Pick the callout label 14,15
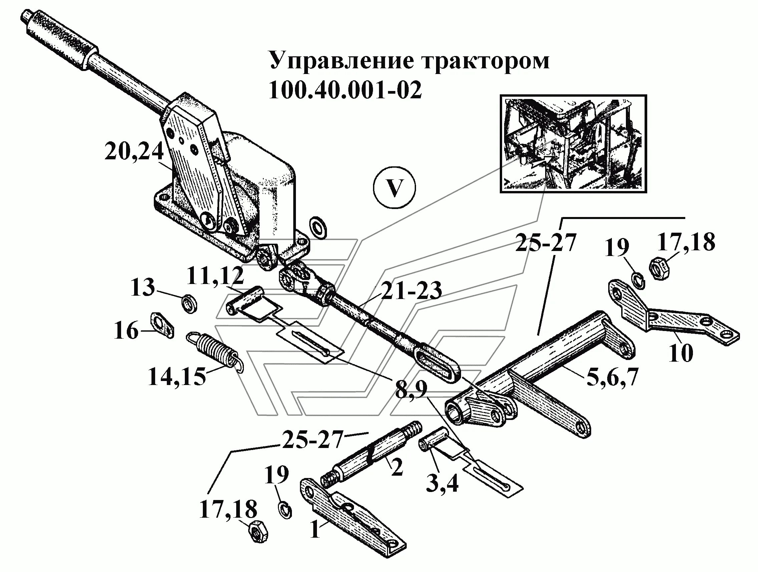pos(177,376)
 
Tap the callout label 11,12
pos(215,276)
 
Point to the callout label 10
pos(681,353)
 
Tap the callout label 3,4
pos(442,483)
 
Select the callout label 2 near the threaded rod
pos(396,467)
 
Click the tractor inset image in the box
pos(573,144)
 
